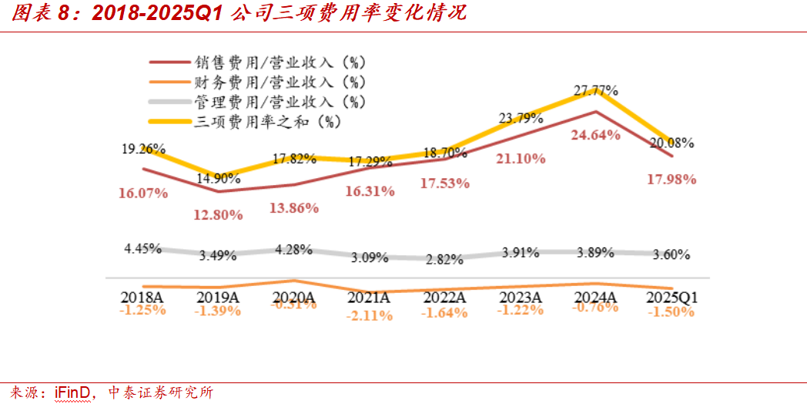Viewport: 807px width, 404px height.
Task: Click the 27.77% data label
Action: (596, 90)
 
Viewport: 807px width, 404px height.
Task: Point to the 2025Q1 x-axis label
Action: (671, 297)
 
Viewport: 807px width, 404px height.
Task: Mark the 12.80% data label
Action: (218, 214)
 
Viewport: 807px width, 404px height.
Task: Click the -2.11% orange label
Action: (370, 315)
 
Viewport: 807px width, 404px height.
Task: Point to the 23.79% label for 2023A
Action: (521, 119)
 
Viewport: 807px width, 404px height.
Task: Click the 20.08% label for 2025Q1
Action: (671, 143)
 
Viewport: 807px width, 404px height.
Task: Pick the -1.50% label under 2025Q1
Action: (671, 312)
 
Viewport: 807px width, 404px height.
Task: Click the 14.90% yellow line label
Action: (218, 178)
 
